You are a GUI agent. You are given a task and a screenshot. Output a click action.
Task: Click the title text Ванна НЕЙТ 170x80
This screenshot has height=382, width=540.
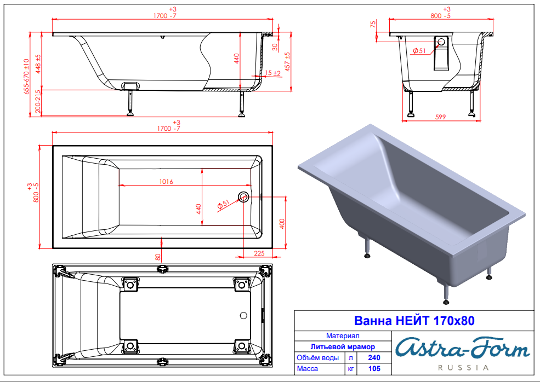[414, 321]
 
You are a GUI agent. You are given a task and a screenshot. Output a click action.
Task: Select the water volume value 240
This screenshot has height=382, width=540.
[374, 357]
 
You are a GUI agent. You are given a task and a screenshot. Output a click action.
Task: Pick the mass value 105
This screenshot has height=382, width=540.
[374, 368]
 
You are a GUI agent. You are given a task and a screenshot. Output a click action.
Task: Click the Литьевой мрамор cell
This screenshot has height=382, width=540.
[343, 346]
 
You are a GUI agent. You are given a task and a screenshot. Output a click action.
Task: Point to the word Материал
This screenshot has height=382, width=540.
[343, 335]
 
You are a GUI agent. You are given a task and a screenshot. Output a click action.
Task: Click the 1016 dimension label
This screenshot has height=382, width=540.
[166, 181]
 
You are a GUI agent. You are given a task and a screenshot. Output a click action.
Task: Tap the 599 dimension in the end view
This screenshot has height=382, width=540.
[440, 117]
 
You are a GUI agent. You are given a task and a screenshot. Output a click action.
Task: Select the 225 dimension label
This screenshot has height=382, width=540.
[259, 253]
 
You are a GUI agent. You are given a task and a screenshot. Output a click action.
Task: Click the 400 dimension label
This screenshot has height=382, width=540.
[282, 224]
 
